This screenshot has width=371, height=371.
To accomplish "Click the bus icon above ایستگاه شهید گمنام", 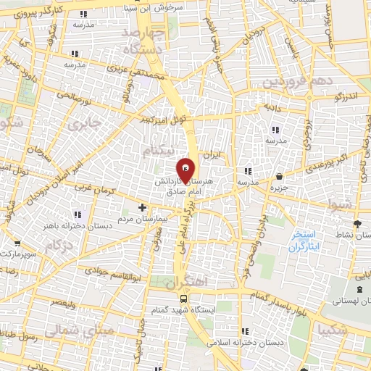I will [x=184, y=299].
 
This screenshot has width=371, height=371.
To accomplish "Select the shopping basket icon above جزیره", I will [x=280, y=174].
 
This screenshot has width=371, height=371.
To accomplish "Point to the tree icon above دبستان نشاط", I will [x=357, y=223].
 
